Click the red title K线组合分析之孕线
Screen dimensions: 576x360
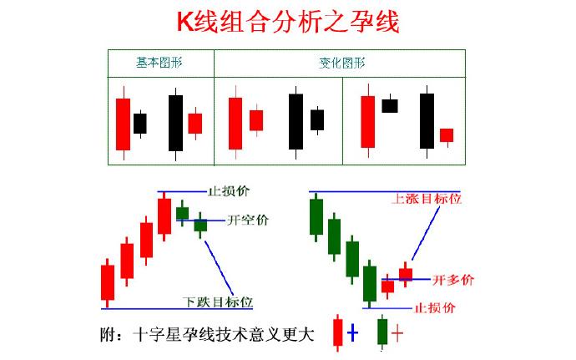coord(288,22)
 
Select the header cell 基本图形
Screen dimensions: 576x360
coord(159,63)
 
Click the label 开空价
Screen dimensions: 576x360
coord(248,220)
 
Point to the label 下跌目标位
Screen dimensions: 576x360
coord(218,302)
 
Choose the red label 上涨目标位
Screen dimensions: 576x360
coord(427,199)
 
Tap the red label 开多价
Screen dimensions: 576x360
coord(453,280)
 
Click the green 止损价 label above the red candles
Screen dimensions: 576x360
coord(229,191)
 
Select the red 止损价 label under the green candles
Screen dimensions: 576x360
coord(435,307)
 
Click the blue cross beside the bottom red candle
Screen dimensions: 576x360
coord(352,332)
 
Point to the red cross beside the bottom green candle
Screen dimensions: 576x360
coord(397,333)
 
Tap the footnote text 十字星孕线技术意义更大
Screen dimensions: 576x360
coord(224,335)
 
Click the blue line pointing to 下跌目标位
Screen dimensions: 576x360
coord(219,267)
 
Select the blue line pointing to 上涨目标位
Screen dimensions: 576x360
coord(426,233)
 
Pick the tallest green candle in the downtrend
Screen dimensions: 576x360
coord(316,217)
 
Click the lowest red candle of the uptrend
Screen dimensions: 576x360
coord(108,282)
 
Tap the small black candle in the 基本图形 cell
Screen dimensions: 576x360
coord(140,124)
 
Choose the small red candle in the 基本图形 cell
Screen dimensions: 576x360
coord(195,124)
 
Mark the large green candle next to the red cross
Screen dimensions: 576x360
coord(382,332)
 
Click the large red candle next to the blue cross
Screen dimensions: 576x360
coord(337,332)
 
